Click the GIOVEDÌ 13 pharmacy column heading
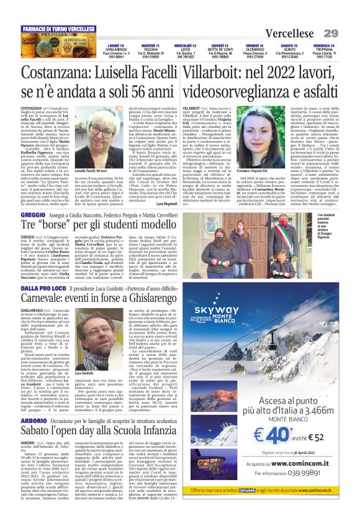[x=219, y=46]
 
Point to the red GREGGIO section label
[x=34, y=214]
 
